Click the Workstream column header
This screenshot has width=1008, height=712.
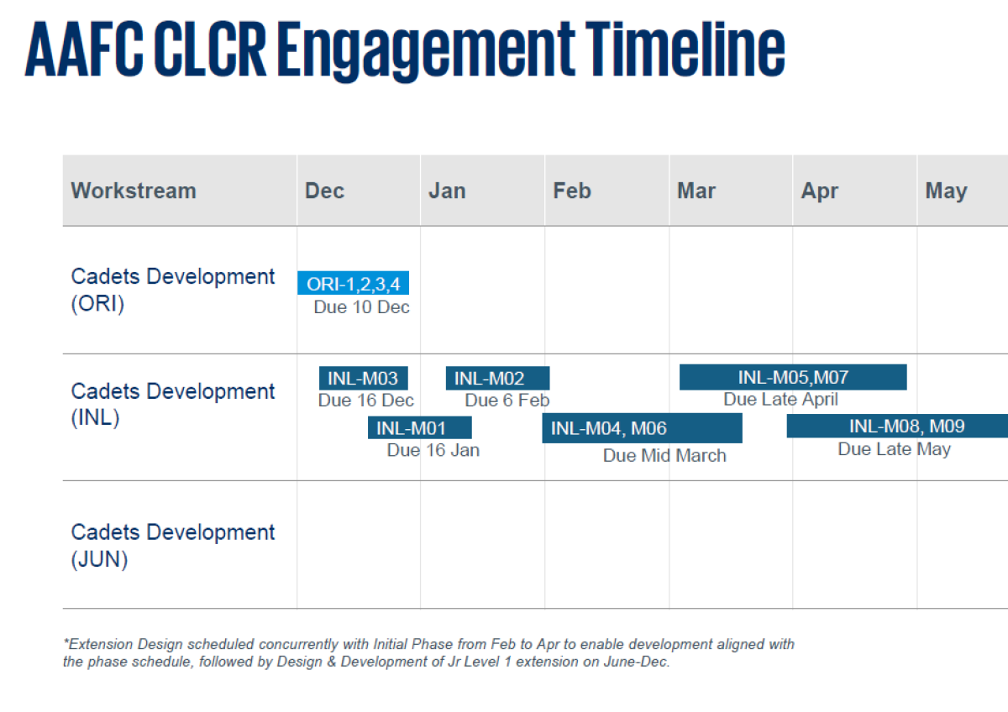[134, 191]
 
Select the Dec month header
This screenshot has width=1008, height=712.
[324, 191]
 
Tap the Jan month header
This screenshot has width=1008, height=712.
[447, 191]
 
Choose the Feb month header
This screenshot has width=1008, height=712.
[571, 191]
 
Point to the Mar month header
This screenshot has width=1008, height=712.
[696, 191]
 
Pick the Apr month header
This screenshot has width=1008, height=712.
[820, 191]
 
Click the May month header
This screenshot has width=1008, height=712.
[946, 191]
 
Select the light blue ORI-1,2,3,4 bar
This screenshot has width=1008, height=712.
[354, 283]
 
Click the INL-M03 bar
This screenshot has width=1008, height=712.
[364, 379]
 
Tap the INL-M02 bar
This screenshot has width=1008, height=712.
[497, 379]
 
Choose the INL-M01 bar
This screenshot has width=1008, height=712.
[420, 427]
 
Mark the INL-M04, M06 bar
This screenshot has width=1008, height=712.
[642, 428]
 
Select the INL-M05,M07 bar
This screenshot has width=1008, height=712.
[793, 377]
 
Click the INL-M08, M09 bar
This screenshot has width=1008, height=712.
[897, 426]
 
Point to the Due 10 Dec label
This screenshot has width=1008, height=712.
[362, 307]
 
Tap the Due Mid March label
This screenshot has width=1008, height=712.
[664, 456]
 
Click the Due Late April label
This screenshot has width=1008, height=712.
[780, 400]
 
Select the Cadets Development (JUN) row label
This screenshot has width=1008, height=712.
[173, 546]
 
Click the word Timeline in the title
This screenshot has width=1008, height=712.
[685, 49]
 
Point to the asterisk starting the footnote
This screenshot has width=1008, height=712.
[66, 641]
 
